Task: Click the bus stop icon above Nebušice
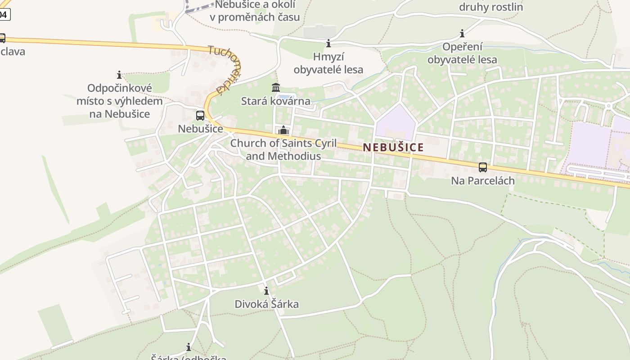200,116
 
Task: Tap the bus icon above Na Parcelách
483,167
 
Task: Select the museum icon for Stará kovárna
276,87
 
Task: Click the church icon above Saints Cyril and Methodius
283,130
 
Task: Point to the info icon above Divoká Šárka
266,291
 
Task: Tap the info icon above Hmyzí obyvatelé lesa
328,44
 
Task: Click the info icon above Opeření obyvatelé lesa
462,33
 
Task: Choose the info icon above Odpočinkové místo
119,74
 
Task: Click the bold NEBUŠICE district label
393,147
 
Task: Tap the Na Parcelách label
483,180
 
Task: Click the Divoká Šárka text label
266,304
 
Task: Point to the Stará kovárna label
276,101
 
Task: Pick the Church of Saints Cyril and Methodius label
283,149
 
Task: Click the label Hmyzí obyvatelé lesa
328,63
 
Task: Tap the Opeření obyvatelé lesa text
462,53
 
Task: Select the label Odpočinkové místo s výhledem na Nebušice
119,101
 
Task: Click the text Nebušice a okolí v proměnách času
255,11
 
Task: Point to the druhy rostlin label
491,7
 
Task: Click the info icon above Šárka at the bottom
189,347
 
